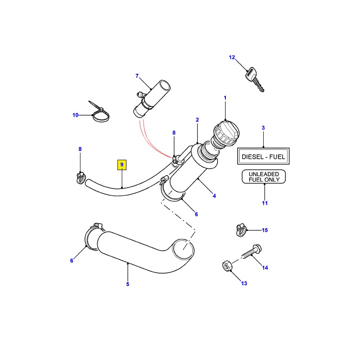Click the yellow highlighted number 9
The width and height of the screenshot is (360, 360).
pyautogui.click(x=122, y=165)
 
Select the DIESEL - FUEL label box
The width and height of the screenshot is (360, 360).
pyautogui.click(x=264, y=157)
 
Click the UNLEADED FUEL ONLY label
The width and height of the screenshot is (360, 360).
pyautogui.click(x=264, y=176)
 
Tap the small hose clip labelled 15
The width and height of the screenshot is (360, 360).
pyautogui.click(x=242, y=230)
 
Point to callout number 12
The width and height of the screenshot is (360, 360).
pyautogui.click(x=232, y=58)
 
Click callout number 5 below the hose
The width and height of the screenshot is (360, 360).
pyautogui.click(x=127, y=284)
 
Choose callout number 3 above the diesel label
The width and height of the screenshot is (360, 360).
pyautogui.click(x=264, y=128)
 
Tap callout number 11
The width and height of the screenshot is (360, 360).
pyautogui.click(x=265, y=203)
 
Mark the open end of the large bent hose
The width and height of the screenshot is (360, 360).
pyautogui.click(x=183, y=249)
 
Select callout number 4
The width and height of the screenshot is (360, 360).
pyautogui.click(x=214, y=196)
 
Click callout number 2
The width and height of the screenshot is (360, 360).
pyautogui.click(x=197, y=120)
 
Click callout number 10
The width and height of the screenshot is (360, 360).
pyautogui.click(x=76, y=115)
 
